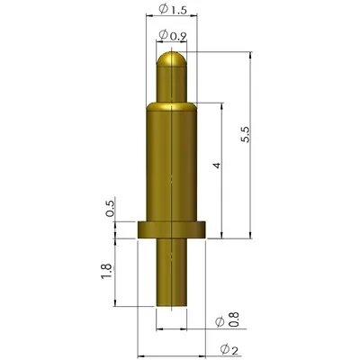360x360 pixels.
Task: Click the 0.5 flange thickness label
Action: click(110, 209)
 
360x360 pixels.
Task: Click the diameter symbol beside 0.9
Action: click(162, 35)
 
